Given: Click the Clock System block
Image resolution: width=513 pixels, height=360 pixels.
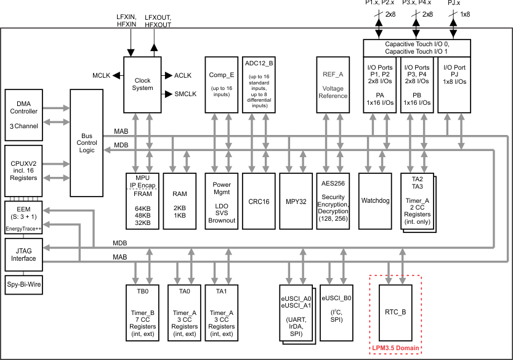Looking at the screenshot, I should (x=143, y=84).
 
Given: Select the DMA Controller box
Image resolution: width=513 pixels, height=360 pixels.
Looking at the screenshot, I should (x=24, y=115).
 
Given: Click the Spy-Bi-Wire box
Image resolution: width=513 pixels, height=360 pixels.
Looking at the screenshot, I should (x=24, y=286).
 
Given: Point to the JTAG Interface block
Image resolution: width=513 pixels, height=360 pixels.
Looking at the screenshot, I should (x=24, y=255).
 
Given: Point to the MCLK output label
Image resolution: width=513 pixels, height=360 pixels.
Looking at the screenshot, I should (x=102, y=75).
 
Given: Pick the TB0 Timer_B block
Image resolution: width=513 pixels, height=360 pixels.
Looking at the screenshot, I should (x=142, y=312).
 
